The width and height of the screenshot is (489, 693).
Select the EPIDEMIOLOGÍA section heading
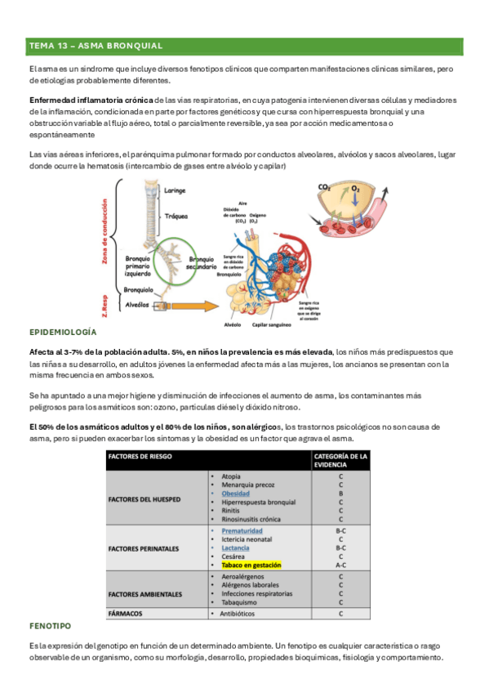63,333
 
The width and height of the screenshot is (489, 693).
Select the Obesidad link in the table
236,494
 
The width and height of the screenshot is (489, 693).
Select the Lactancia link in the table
237,547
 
